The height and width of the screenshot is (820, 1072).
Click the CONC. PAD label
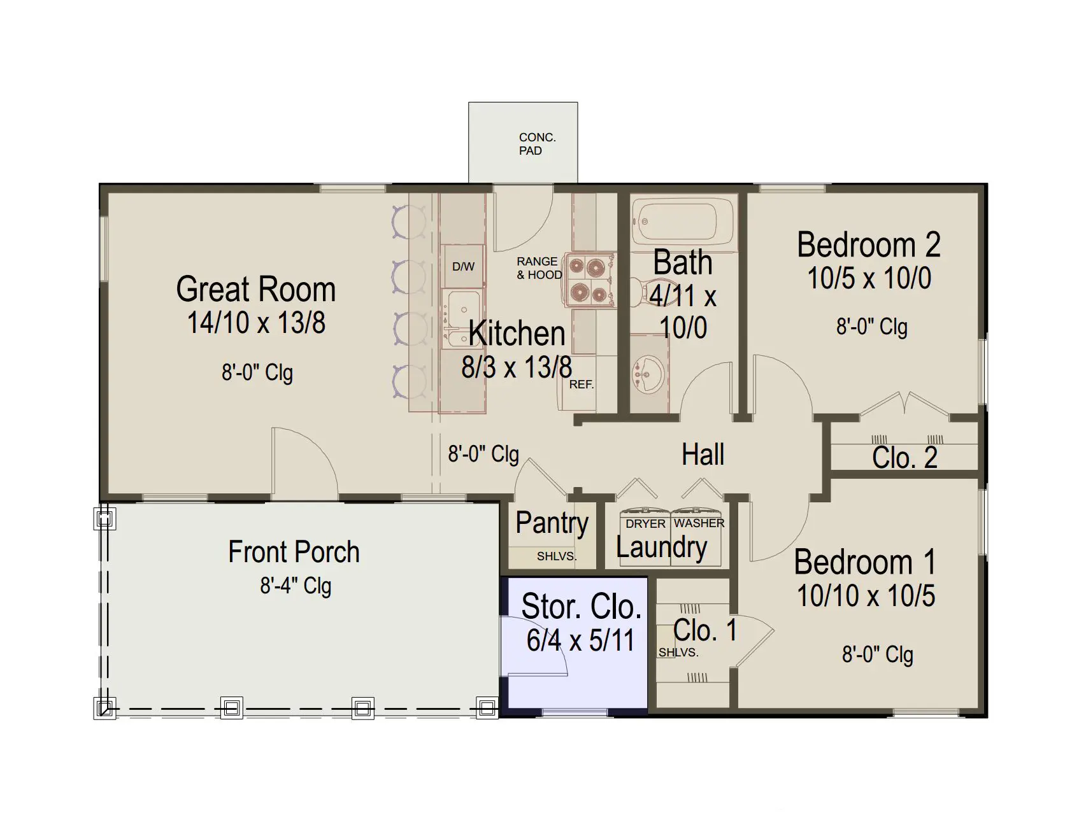click(x=537, y=144)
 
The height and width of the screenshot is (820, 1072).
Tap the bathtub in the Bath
click(x=682, y=220)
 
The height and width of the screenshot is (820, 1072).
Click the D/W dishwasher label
click(x=463, y=267)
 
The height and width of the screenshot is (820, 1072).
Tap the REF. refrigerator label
click(x=581, y=385)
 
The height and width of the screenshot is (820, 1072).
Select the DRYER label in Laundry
click(x=645, y=524)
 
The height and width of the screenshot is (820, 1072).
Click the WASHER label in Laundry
click(x=699, y=523)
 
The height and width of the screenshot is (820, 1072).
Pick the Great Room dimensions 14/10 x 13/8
click(x=256, y=322)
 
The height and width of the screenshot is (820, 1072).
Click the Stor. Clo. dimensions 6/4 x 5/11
click(x=580, y=640)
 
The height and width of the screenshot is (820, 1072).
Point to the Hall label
click(x=703, y=455)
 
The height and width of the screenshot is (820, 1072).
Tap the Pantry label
click(x=552, y=523)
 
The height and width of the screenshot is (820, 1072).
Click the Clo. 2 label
click(x=904, y=458)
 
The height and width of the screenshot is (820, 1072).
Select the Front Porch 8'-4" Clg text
click(x=296, y=586)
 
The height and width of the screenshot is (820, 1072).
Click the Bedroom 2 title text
click(x=869, y=244)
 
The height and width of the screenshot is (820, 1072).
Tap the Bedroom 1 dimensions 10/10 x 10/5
click(x=866, y=596)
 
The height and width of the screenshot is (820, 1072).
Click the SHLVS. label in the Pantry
click(x=556, y=556)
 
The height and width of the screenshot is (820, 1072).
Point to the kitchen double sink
click(x=461, y=318)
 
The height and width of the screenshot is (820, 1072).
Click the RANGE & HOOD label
click(x=539, y=268)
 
